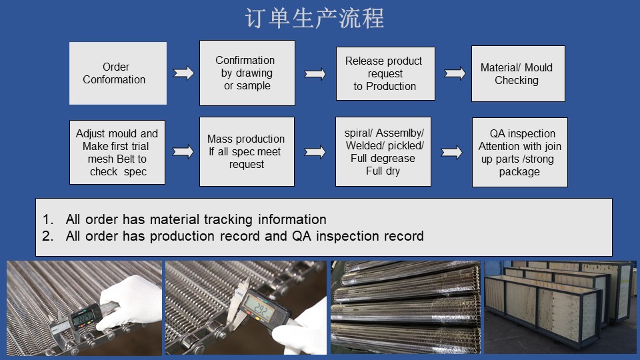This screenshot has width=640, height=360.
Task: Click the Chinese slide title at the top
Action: (315, 19)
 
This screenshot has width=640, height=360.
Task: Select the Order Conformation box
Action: (117, 73)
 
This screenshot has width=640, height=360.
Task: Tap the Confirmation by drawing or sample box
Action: (247, 73)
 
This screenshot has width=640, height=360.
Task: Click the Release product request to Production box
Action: (385, 73)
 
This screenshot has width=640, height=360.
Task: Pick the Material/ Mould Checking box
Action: (517, 73)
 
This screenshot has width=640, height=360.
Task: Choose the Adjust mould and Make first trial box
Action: (117, 152)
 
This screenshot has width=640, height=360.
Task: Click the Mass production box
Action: (247, 151)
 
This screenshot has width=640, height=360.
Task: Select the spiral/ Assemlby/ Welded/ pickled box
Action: (384, 151)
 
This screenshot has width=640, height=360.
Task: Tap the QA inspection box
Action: (519, 152)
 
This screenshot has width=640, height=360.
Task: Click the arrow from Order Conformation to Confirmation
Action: (183, 73)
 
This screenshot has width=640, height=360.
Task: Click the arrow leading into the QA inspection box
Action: (451, 152)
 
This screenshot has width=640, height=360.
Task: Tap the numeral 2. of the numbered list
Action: (47, 236)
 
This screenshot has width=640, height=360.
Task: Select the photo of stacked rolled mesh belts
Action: (405, 307)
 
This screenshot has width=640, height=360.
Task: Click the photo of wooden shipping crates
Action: (560, 307)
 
